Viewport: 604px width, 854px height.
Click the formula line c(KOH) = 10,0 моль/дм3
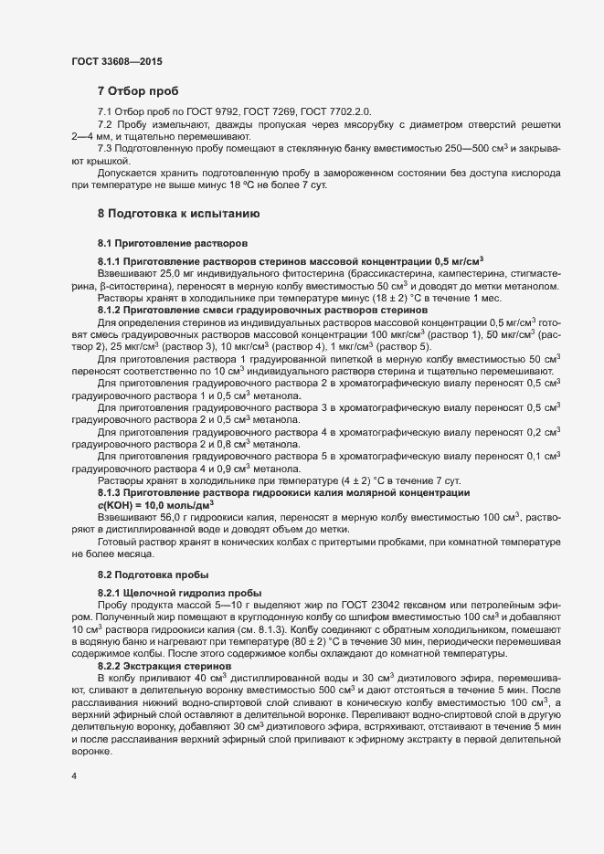point(155,504)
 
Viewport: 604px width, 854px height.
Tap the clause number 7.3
point(105,148)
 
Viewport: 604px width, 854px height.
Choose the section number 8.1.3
point(111,492)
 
